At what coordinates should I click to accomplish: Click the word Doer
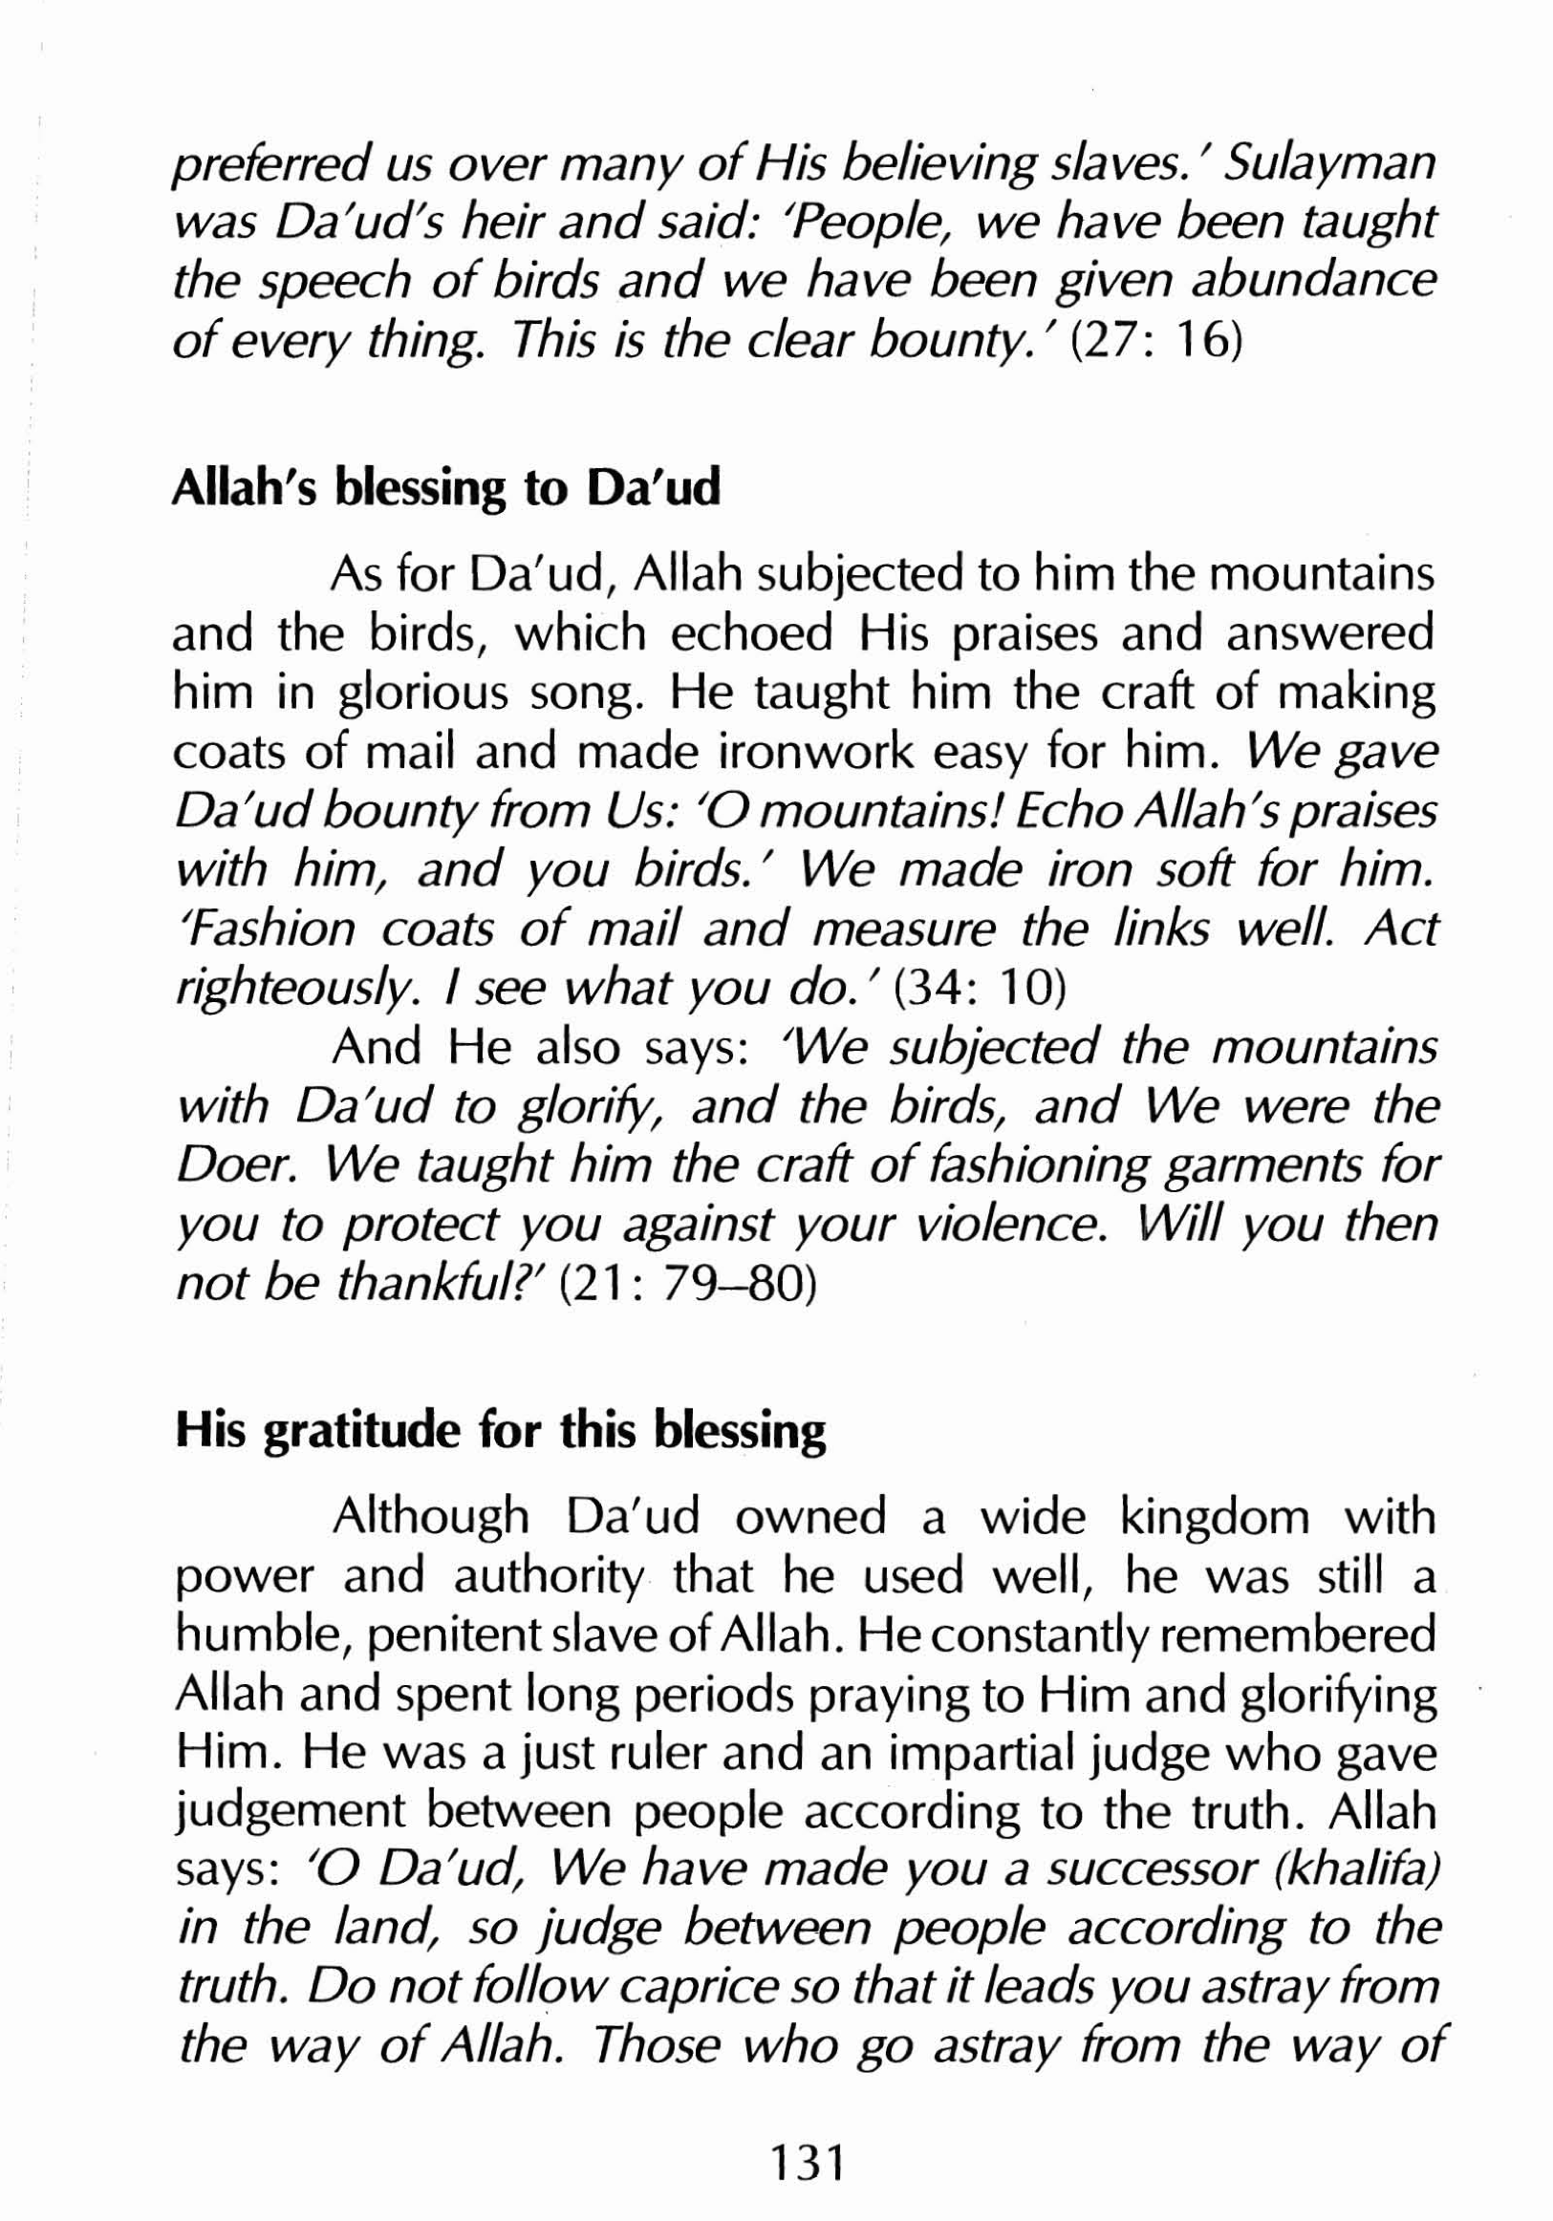coord(228,1165)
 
